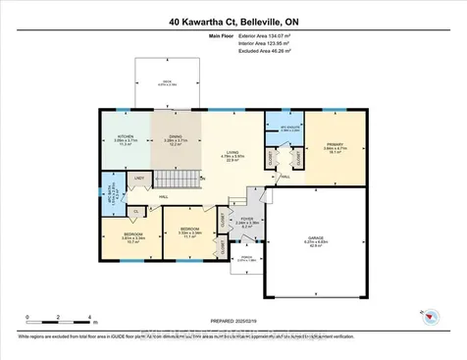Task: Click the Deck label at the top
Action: click(168, 84)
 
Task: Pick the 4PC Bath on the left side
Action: click(111, 187)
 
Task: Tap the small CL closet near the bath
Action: click(133, 210)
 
